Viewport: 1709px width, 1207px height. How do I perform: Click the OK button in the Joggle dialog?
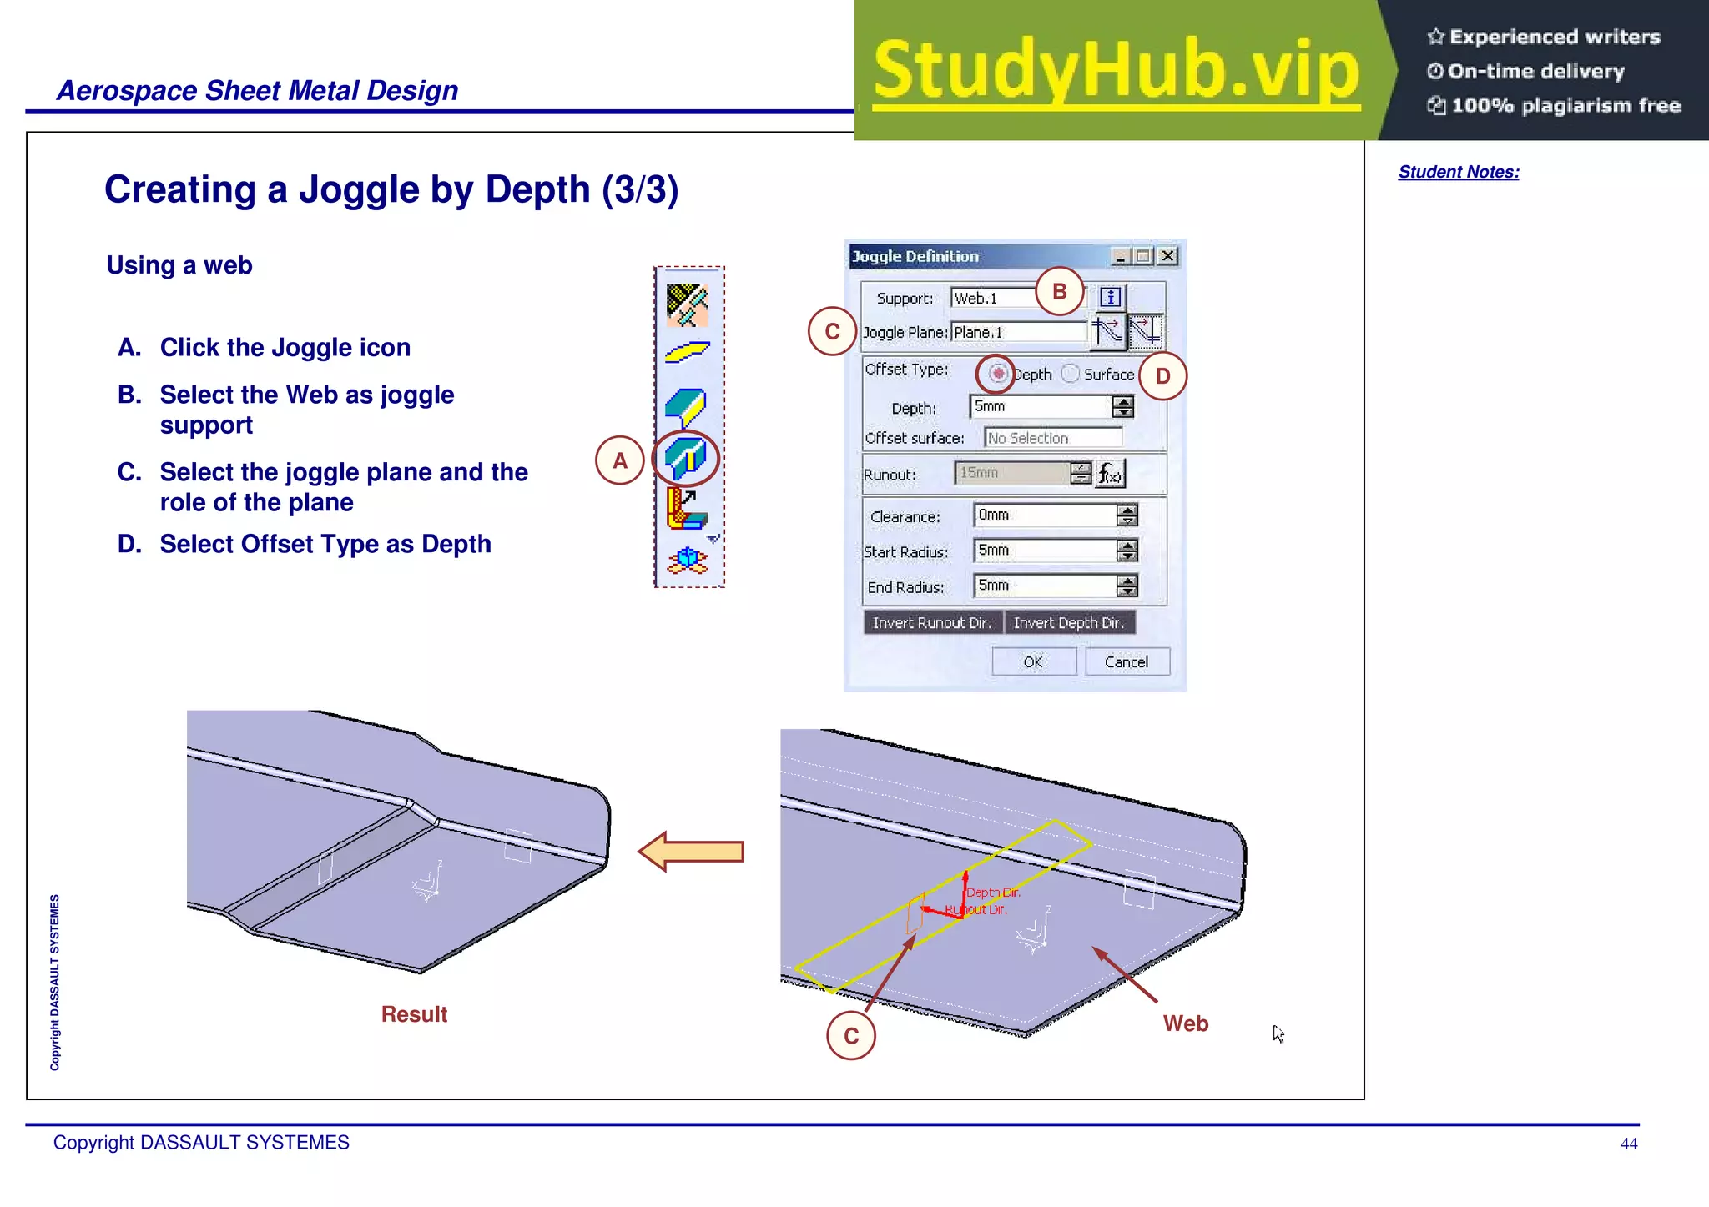[1033, 661]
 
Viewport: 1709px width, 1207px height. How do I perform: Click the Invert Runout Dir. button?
[932, 622]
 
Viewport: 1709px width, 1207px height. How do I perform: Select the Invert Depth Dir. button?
[1069, 622]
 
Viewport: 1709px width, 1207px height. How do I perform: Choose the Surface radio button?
[1071, 374]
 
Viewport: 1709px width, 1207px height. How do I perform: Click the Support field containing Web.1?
[993, 298]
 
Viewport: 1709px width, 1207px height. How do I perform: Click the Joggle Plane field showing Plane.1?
[1018, 332]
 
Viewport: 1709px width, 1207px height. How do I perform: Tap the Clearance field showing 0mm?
[1043, 515]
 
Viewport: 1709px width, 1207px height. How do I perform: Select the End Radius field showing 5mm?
[1043, 586]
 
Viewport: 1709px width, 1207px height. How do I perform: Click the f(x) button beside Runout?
[1110, 474]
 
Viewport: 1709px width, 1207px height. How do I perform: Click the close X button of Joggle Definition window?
[1168, 256]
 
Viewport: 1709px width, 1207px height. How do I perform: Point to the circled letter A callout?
[619, 460]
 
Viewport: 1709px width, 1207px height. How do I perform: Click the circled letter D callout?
[1162, 376]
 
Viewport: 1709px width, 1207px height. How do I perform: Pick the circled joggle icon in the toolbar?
[686, 458]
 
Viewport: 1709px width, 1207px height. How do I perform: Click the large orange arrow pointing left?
[691, 852]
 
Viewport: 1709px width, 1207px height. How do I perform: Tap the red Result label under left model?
[414, 1014]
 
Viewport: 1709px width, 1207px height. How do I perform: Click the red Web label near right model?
[1185, 1023]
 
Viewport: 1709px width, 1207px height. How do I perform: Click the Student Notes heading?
[1459, 172]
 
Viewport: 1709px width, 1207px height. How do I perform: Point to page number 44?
[1629, 1144]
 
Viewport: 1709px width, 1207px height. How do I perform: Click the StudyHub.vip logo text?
[1117, 70]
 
